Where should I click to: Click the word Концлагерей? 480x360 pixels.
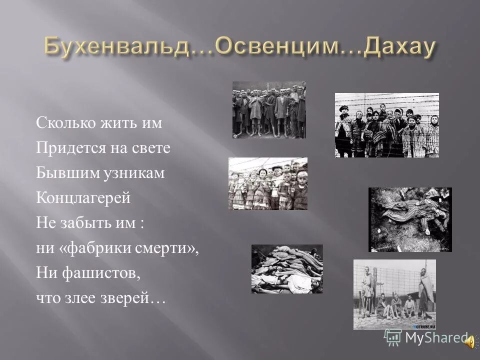83,198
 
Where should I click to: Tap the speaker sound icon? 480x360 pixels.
470,341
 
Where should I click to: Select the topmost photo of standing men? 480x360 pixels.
269,110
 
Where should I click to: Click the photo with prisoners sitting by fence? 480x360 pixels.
394,294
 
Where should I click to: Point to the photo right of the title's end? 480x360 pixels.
386,125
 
